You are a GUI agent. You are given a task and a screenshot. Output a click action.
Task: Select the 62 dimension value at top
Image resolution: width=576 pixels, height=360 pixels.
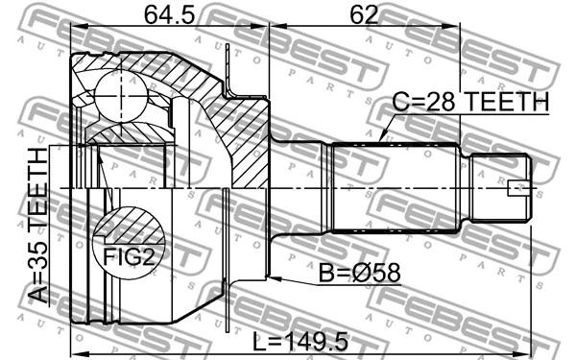[363, 15]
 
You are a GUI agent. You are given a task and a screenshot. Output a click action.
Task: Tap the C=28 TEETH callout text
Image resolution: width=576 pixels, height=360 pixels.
[469, 103]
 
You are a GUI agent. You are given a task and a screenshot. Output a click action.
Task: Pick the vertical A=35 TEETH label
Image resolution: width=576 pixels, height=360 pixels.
[37, 227]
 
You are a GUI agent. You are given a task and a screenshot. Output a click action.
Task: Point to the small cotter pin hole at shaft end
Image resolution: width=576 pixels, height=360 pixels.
[517, 187]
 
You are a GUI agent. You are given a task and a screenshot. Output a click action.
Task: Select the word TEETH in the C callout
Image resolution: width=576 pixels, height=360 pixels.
[508, 103]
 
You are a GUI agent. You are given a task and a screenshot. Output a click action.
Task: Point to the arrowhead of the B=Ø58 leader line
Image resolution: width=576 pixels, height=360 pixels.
[270, 278]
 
